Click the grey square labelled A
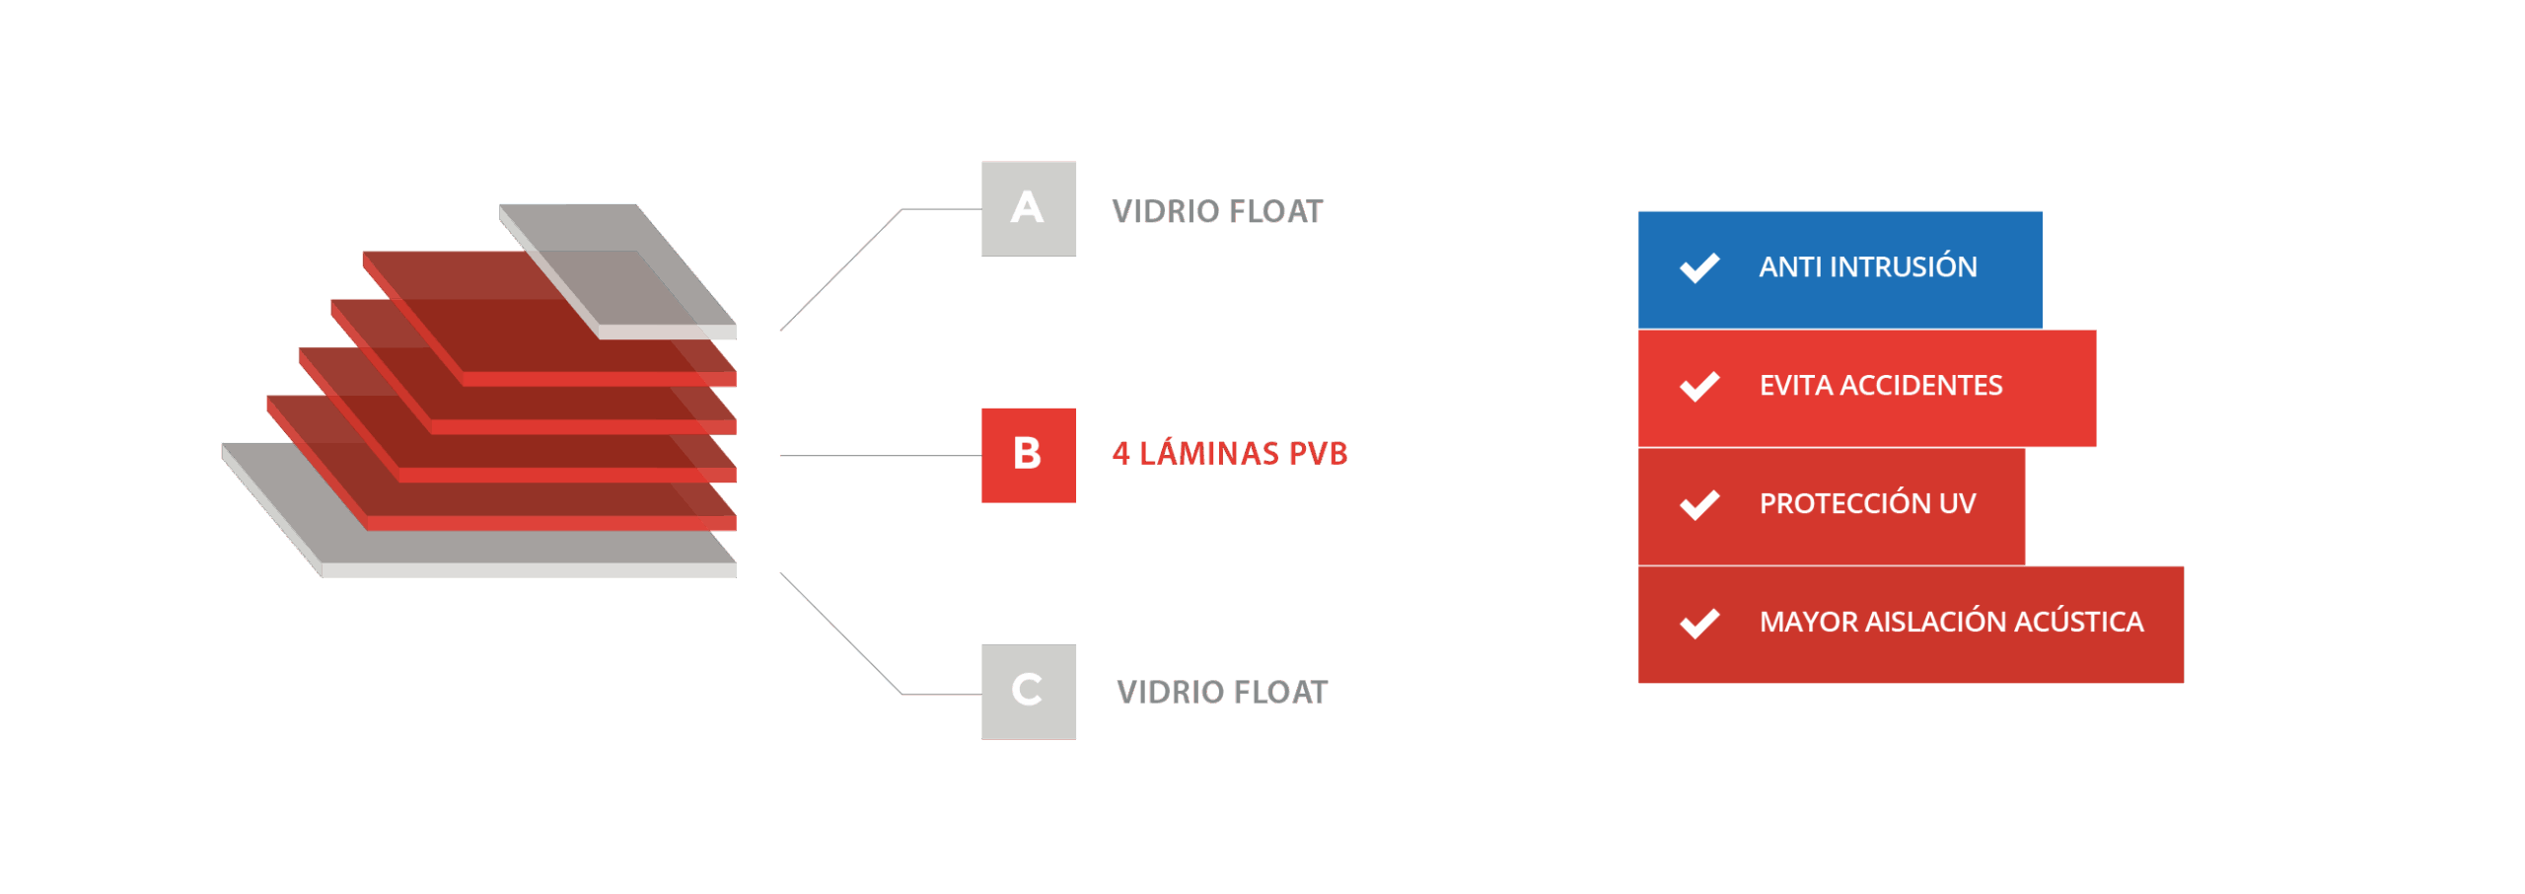(x=1028, y=208)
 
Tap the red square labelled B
(x=1028, y=455)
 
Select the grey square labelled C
(x=1028, y=692)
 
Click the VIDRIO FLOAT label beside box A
(x=1217, y=211)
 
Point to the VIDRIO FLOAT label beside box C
(x=1222, y=692)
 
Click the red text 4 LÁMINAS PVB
(x=1229, y=453)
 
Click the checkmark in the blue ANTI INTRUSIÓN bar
(x=1698, y=267)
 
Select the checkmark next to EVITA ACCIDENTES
(x=1698, y=386)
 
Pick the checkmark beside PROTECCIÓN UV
(x=1698, y=504)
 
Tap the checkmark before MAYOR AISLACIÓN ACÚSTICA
(x=1698, y=623)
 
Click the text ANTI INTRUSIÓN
(x=1867, y=265)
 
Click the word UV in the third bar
(x=1957, y=503)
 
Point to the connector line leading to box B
(x=881, y=455)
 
